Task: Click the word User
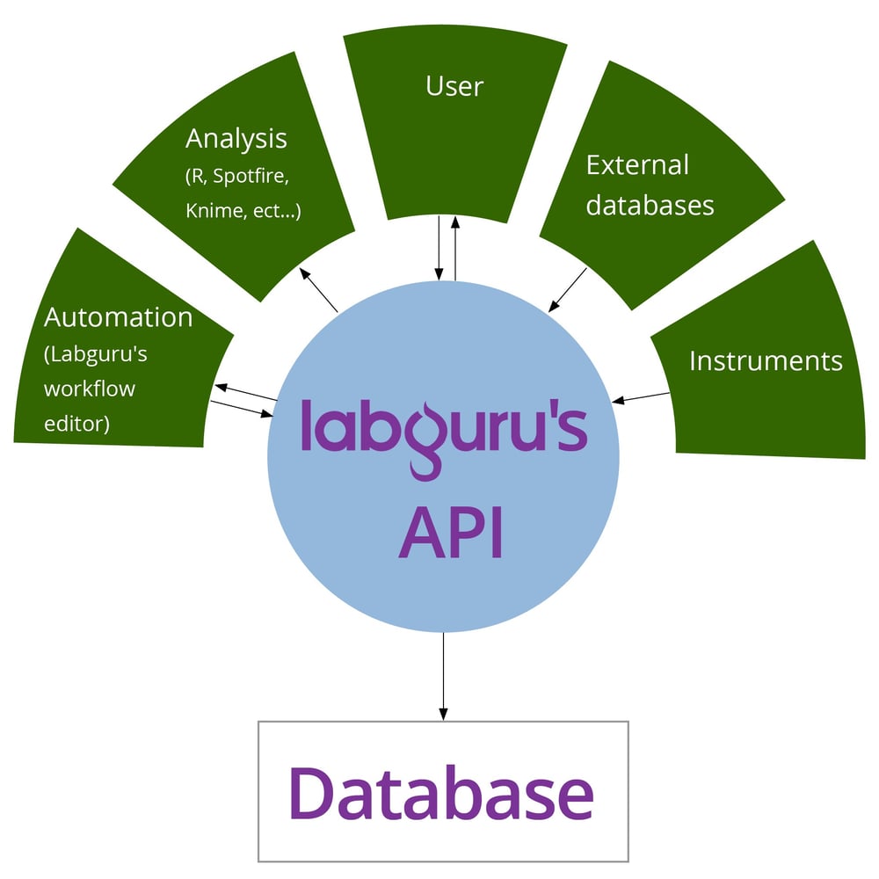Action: (454, 86)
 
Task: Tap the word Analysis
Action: (236, 138)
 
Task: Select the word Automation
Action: (119, 317)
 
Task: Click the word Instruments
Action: (766, 360)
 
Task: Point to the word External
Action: (637, 164)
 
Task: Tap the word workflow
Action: (90, 389)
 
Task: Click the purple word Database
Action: (442, 794)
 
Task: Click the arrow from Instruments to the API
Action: (641, 398)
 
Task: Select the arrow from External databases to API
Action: (568, 290)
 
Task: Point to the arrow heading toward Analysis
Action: (319, 290)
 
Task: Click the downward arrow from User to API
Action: (438, 247)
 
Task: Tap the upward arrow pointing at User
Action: (454, 247)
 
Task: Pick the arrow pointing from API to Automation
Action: (246, 393)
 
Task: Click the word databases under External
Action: (650, 205)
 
